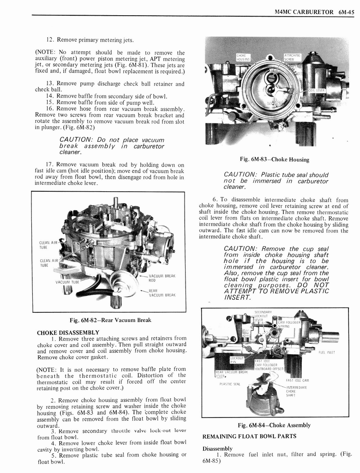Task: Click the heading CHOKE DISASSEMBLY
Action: pyautogui.click(x=68, y=333)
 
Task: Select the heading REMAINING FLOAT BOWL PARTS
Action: pyautogui.click(x=249, y=436)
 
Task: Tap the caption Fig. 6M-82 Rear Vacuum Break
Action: pyautogui.click(x=110, y=320)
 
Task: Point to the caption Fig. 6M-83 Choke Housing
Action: pyautogui.click(x=275, y=159)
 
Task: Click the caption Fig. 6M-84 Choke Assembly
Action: pyautogui.click(x=274, y=425)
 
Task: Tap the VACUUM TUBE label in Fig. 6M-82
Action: pyautogui.click(x=67, y=282)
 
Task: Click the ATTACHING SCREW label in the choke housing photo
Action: pyautogui.click(x=292, y=57)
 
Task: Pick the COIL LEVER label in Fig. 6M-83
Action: pyautogui.click(x=317, y=91)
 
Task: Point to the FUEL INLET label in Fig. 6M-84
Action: pyautogui.click(x=327, y=352)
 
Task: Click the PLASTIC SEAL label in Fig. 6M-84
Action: pyautogui.click(x=229, y=383)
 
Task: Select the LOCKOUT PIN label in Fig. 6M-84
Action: pyautogui.click(x=237, y=360)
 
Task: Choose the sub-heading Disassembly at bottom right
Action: pyautogui.click(x=217, y=449)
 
